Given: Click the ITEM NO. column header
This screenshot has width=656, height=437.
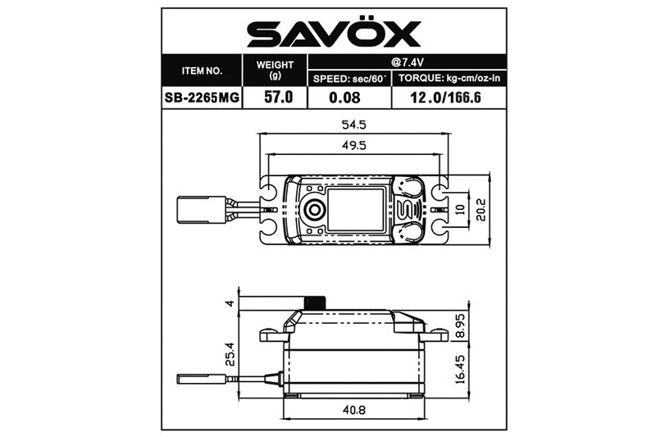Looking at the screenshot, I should click(x=202, y=71).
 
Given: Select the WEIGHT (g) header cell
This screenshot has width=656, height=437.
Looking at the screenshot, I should click(x=275, y=70).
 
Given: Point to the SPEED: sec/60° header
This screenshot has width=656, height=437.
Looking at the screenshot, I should click(x=348, y=79).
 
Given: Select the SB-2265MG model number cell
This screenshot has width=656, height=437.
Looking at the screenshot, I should click(x=202, y=97).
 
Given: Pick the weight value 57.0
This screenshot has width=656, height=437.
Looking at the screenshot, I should click(x=275, y=97).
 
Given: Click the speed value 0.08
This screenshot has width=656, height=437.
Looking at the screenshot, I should click(x=348, y=97).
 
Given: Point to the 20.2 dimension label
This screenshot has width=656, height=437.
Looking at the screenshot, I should click(x=481, y=209).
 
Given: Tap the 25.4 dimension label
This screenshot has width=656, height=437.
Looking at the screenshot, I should click(x=230, y=353).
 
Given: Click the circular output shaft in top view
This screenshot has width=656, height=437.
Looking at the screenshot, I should click(x=314, y=210).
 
